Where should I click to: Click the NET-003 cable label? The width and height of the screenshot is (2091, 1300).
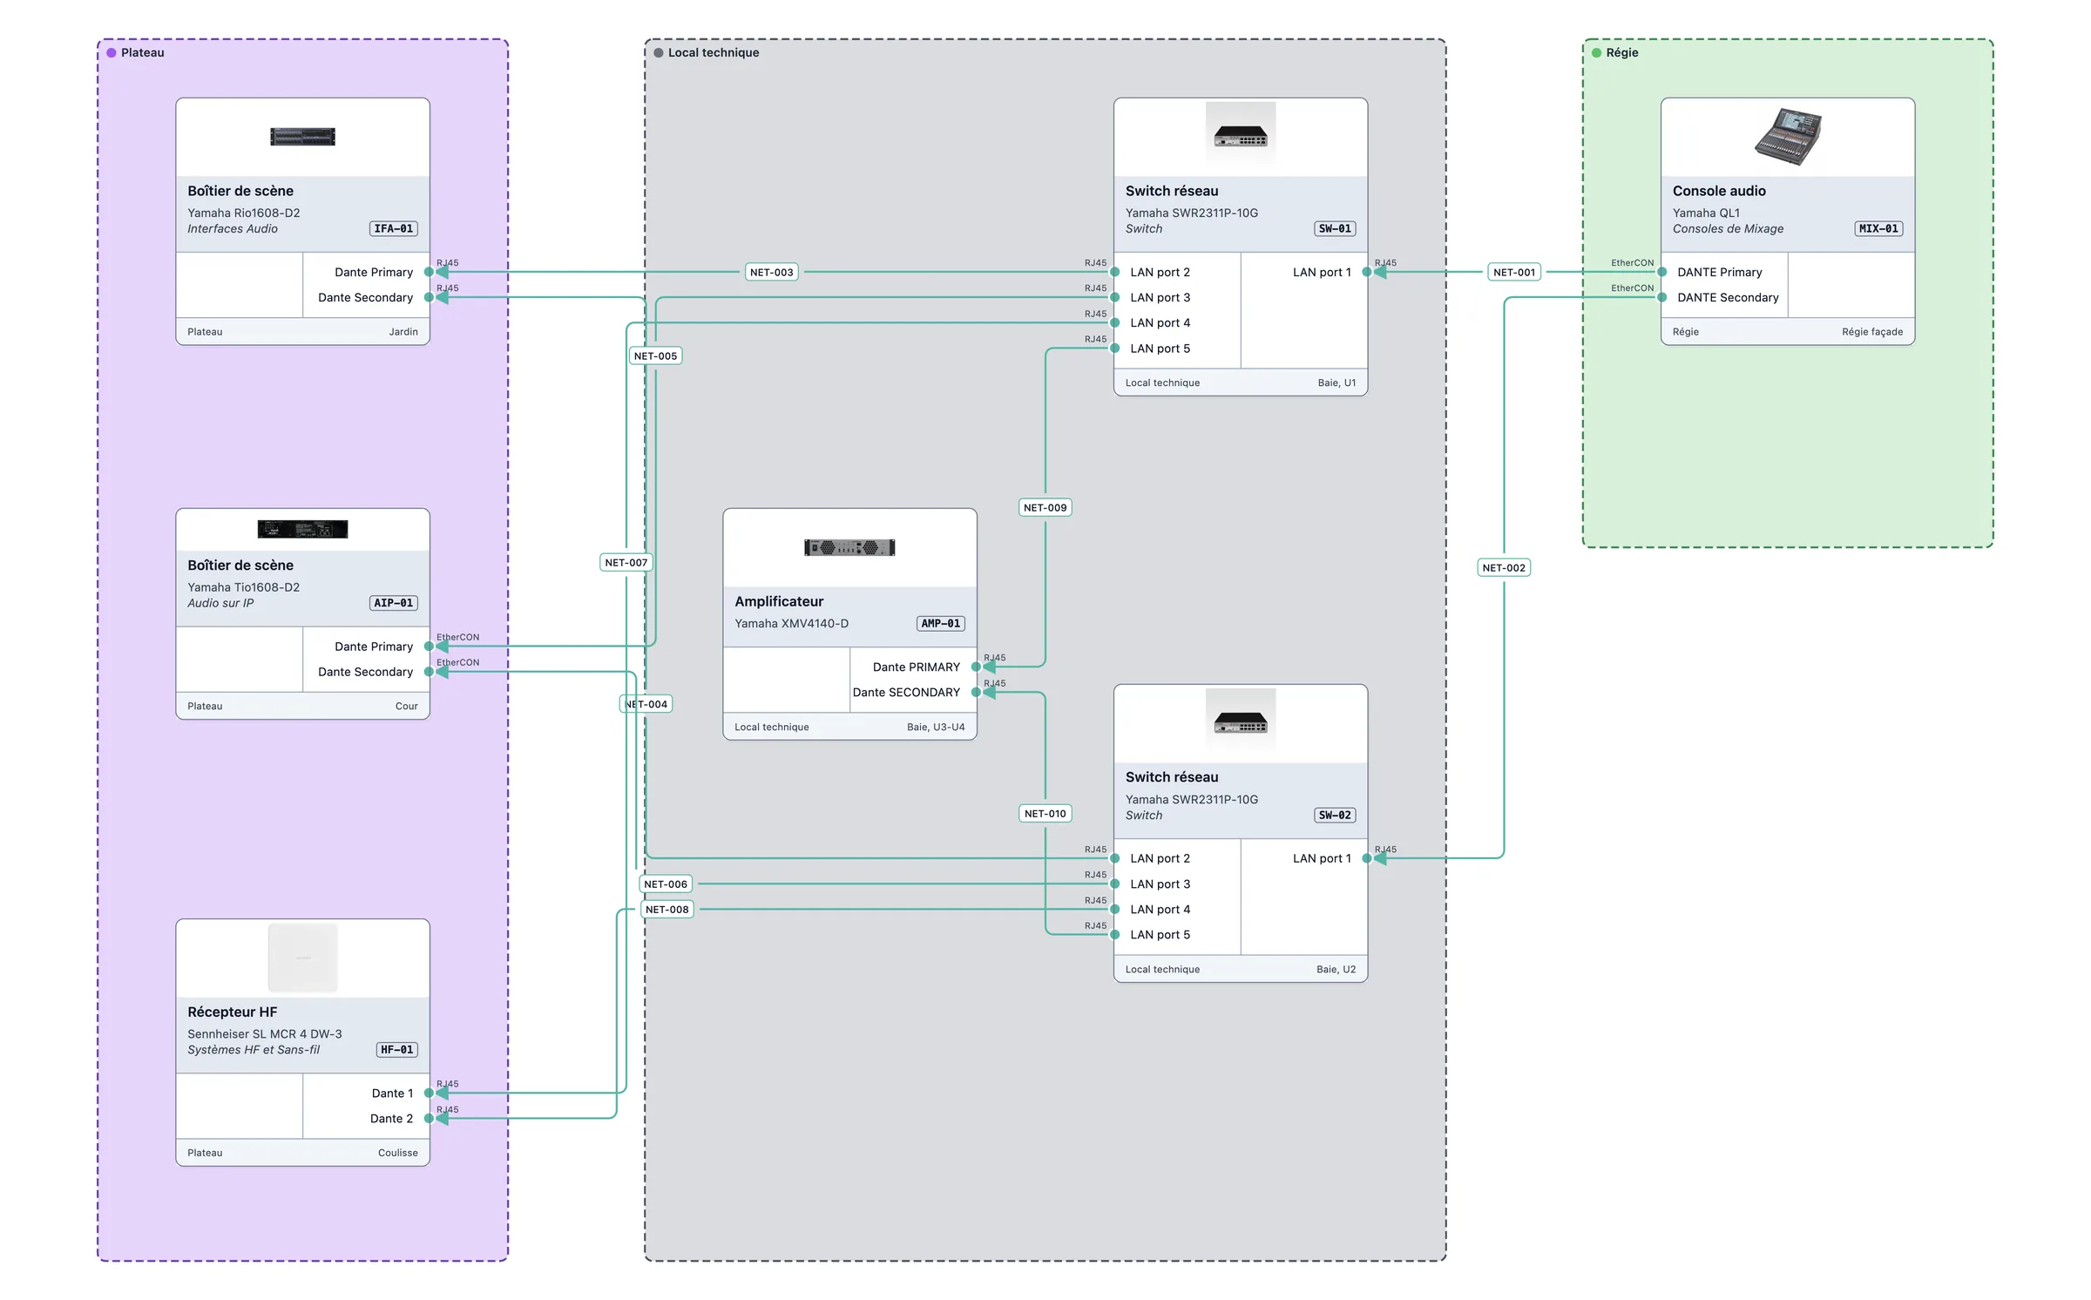coord(771,272)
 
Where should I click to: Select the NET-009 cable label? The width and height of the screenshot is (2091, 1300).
coord(1045,507)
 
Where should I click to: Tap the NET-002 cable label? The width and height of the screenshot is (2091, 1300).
coord(1504,567)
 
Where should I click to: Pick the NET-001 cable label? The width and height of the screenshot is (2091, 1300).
coord(1514,272)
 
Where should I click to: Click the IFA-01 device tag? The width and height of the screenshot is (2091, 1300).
coord(394,228)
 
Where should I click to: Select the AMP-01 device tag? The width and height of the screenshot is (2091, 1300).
coord(941,623)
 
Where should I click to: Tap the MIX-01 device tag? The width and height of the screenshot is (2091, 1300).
coord(1878,228)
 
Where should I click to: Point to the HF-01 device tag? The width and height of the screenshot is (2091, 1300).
coord(396,1049)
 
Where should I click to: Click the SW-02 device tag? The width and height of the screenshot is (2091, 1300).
coord(1335,815)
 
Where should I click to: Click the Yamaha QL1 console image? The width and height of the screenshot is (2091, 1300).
coord(1788,137)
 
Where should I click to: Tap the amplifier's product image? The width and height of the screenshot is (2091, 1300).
coord(849,547)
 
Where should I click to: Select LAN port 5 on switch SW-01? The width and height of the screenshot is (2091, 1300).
coord(1160,349)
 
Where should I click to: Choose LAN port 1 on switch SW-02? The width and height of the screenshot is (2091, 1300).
coord(1322,858)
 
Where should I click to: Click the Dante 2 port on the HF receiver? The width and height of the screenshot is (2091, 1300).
coord(391,1118)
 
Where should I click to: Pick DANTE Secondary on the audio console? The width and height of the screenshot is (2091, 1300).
coord(1728,297)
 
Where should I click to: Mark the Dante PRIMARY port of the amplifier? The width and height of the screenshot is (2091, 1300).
coord(917,667)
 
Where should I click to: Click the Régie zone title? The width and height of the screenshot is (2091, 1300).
coord(1621,52)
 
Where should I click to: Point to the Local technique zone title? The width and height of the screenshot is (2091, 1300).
coord(713,52)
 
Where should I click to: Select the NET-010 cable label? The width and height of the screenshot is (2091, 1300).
coord(1045,813)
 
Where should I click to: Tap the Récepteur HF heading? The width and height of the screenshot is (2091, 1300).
coord(232,1012)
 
